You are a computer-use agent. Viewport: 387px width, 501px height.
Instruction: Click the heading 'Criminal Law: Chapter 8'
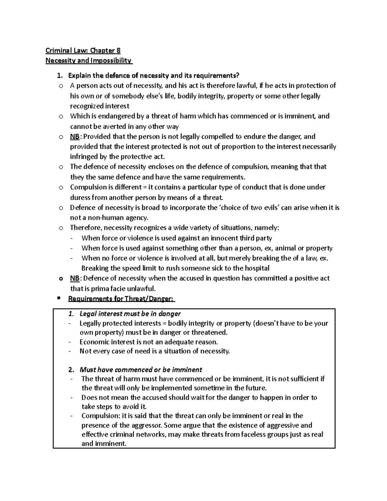click(83, 50)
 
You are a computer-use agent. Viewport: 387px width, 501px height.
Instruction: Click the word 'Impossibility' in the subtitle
click(111, 60)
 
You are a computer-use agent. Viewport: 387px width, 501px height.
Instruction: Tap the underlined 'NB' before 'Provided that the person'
click(74, 136)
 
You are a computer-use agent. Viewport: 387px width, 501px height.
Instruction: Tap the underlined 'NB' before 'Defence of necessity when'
click(74, 278)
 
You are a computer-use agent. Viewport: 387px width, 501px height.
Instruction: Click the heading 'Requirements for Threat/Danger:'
click(121, 299)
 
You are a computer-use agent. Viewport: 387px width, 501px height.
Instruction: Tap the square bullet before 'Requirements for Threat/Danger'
click(59, 298)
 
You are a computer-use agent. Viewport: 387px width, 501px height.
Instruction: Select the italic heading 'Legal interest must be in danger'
click(130, 314)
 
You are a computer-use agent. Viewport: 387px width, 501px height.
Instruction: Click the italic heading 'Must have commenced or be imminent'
click(141, 370)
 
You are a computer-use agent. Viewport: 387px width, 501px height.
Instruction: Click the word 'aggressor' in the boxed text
click(145, 425)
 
